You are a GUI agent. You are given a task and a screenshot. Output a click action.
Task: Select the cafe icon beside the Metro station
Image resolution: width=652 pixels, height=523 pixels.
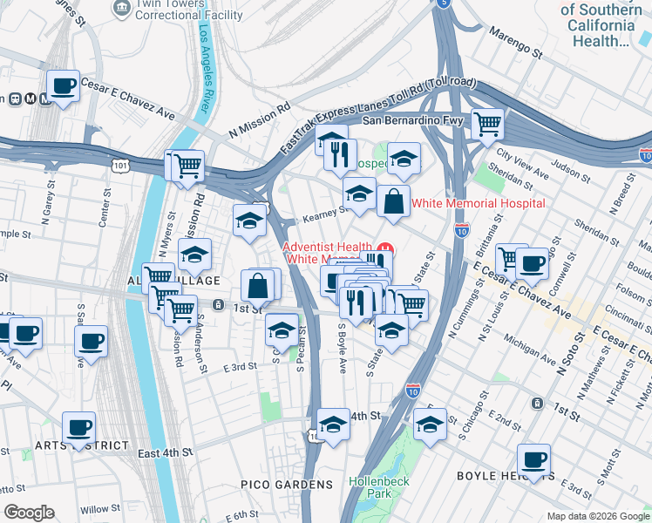(x=63, y=86)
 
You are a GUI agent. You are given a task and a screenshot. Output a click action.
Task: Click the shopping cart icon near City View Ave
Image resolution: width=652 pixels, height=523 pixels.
(x=487, y=123)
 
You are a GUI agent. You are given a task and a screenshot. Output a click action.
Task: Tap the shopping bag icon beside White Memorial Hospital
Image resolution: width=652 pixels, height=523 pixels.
(x=393, y=200)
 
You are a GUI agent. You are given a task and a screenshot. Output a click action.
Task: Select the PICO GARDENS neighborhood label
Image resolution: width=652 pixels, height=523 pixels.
(x=288, y=484)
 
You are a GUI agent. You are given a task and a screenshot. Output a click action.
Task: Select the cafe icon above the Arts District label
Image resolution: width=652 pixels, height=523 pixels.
(x=78, y=427)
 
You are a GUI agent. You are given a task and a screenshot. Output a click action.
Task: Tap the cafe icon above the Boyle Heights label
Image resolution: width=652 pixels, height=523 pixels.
(x=533, y=460)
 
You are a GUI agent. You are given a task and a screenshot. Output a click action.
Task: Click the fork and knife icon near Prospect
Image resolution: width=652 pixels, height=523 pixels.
(x=340, y=154)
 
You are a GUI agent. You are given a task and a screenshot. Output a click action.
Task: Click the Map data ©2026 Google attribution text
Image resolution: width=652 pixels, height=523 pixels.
(x=597, y=516)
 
